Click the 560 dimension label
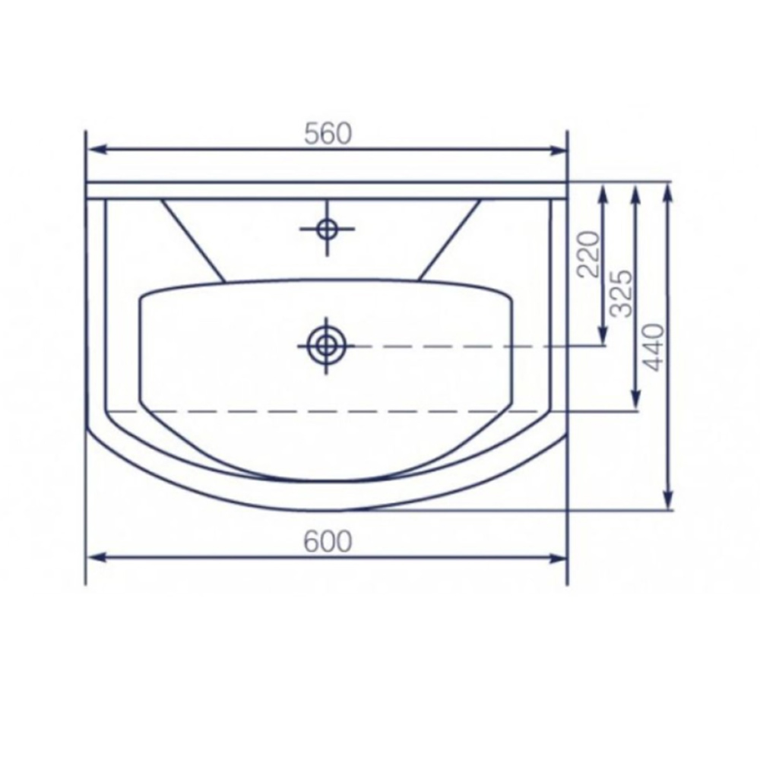tap(328, 134)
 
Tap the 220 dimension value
tap(589, 254)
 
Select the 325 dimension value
tap(622, 293)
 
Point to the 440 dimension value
tap(652, 347)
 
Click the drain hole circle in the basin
tap(326, 346)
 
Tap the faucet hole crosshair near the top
tap(327, 228)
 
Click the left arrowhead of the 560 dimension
tap(98, 150)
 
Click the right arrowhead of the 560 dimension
tap(556, 150)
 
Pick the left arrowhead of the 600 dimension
tap(98, 558)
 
